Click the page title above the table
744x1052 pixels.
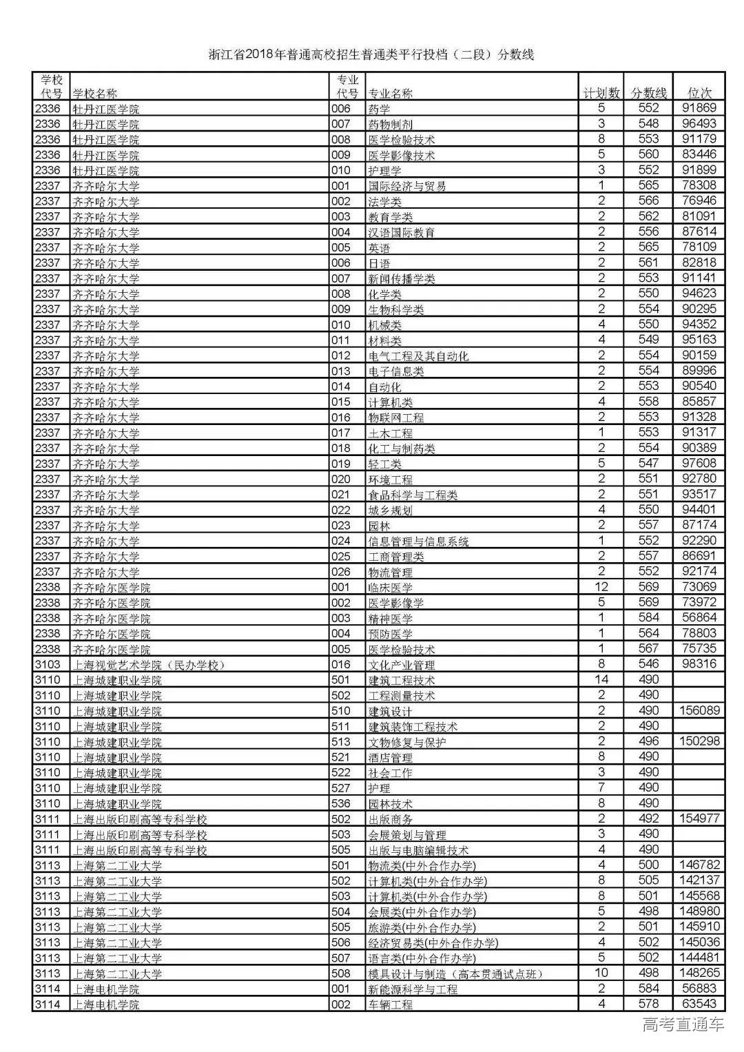(x=371, y=55)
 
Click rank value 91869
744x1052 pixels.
(x=699, y=108)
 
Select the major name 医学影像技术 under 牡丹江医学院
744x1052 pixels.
(x=402, y=155)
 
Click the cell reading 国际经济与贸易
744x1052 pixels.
(x=407, y=186)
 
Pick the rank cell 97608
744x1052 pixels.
(x=699, y=463)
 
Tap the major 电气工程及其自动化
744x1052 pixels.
(x=418, y=355)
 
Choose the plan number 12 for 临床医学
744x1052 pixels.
(x=601, y=586)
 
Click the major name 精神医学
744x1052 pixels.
(x=391, y=618)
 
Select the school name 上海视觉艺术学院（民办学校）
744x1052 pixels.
(x=149, y=665)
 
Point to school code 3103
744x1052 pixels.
(x=48, y=664)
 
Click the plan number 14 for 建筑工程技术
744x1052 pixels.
(x=601, y=679)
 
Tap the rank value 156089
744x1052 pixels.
(x=699, y=710)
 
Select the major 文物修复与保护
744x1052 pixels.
(x=407, y=742)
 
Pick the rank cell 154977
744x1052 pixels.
(x=699, y=818)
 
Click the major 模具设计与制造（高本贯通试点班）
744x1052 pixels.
(x=456, y=973)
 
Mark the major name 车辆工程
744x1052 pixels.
(x=391, y=1004)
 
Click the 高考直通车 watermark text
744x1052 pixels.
(x=683, y=1025)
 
